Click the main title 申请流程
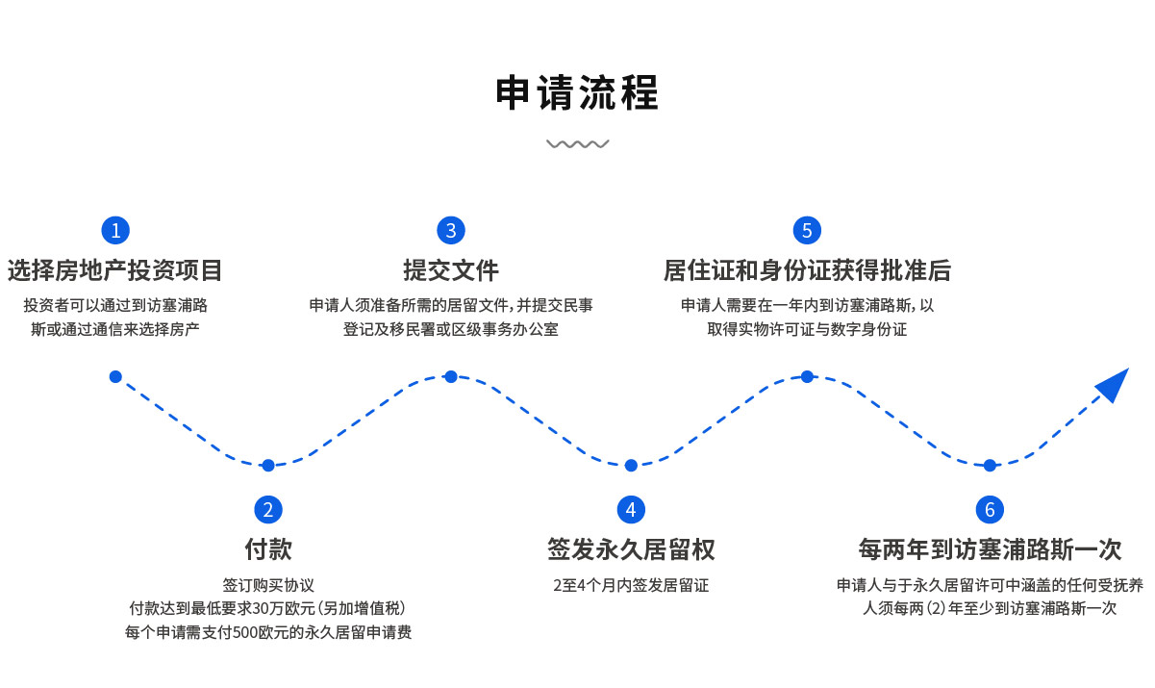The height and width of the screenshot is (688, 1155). click(577, 94)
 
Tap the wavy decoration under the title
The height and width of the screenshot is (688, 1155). click(577, 144)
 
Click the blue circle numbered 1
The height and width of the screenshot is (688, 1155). click(115, 231)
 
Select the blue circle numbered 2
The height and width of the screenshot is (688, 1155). click(268, 510)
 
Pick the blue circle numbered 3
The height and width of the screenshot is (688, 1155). click(450, 231)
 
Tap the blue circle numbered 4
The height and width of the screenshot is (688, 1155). click(631, 510)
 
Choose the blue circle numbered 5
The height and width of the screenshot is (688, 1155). click(807, 231)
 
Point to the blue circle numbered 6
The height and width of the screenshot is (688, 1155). click(990, 510)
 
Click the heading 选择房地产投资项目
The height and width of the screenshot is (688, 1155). click(115, 270)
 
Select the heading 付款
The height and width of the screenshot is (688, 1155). click(268, 549)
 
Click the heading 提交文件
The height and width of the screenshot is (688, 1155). click(450, 270)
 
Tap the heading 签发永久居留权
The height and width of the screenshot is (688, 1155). click(631, 549)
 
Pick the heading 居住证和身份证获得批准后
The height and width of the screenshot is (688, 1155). click(807, 270)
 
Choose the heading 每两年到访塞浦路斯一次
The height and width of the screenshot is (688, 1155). click(990, 549)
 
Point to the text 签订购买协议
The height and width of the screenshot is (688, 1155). click(268, 584)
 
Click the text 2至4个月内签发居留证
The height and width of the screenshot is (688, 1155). click(631, 584)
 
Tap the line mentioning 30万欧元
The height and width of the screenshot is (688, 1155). click(268, 608)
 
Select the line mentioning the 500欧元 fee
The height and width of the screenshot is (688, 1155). click(268, 632)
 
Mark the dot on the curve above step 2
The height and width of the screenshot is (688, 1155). click(268, 466)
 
